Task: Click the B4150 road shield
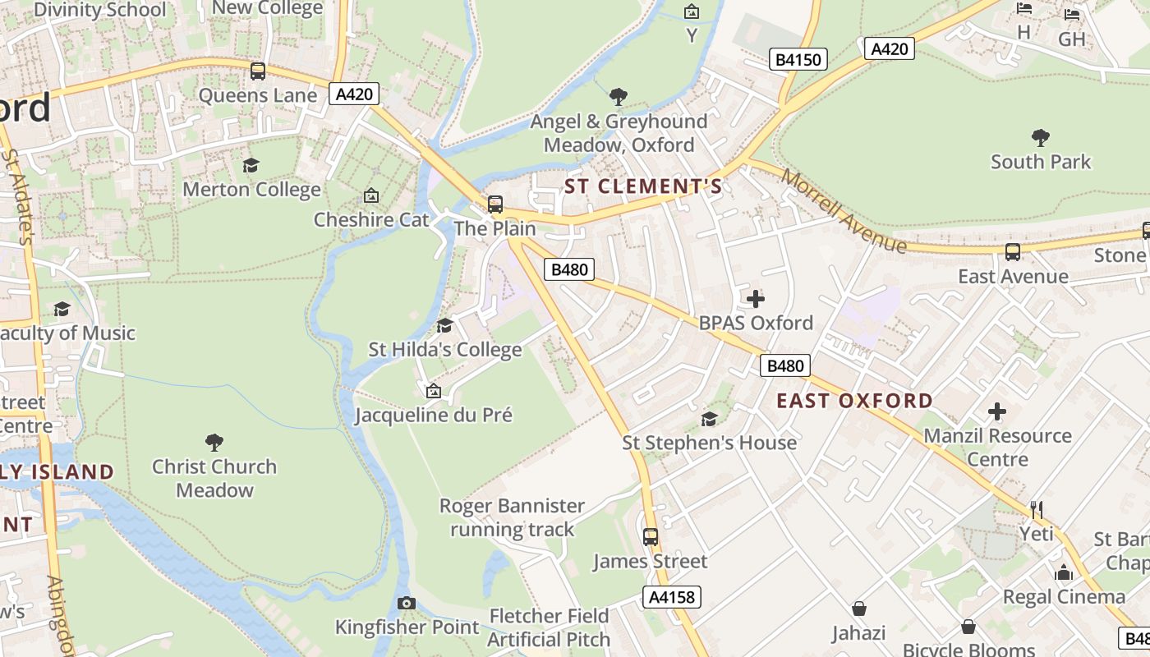798,59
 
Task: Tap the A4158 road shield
672,597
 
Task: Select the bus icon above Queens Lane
258,71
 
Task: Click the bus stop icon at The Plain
495,204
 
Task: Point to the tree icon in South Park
1040,137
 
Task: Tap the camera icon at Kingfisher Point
406,604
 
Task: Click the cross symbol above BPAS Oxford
755,299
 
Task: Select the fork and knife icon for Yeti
1036,510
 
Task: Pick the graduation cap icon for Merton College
251,166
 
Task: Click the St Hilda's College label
444,350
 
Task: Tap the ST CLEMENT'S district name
643,186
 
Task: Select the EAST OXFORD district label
854,401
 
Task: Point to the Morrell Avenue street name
844,211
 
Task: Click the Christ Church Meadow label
214,478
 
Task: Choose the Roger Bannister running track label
512,517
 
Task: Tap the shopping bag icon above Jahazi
858,609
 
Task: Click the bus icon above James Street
651,537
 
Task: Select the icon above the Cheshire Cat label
371,196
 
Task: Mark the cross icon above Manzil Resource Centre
997,411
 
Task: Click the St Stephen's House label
709,443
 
